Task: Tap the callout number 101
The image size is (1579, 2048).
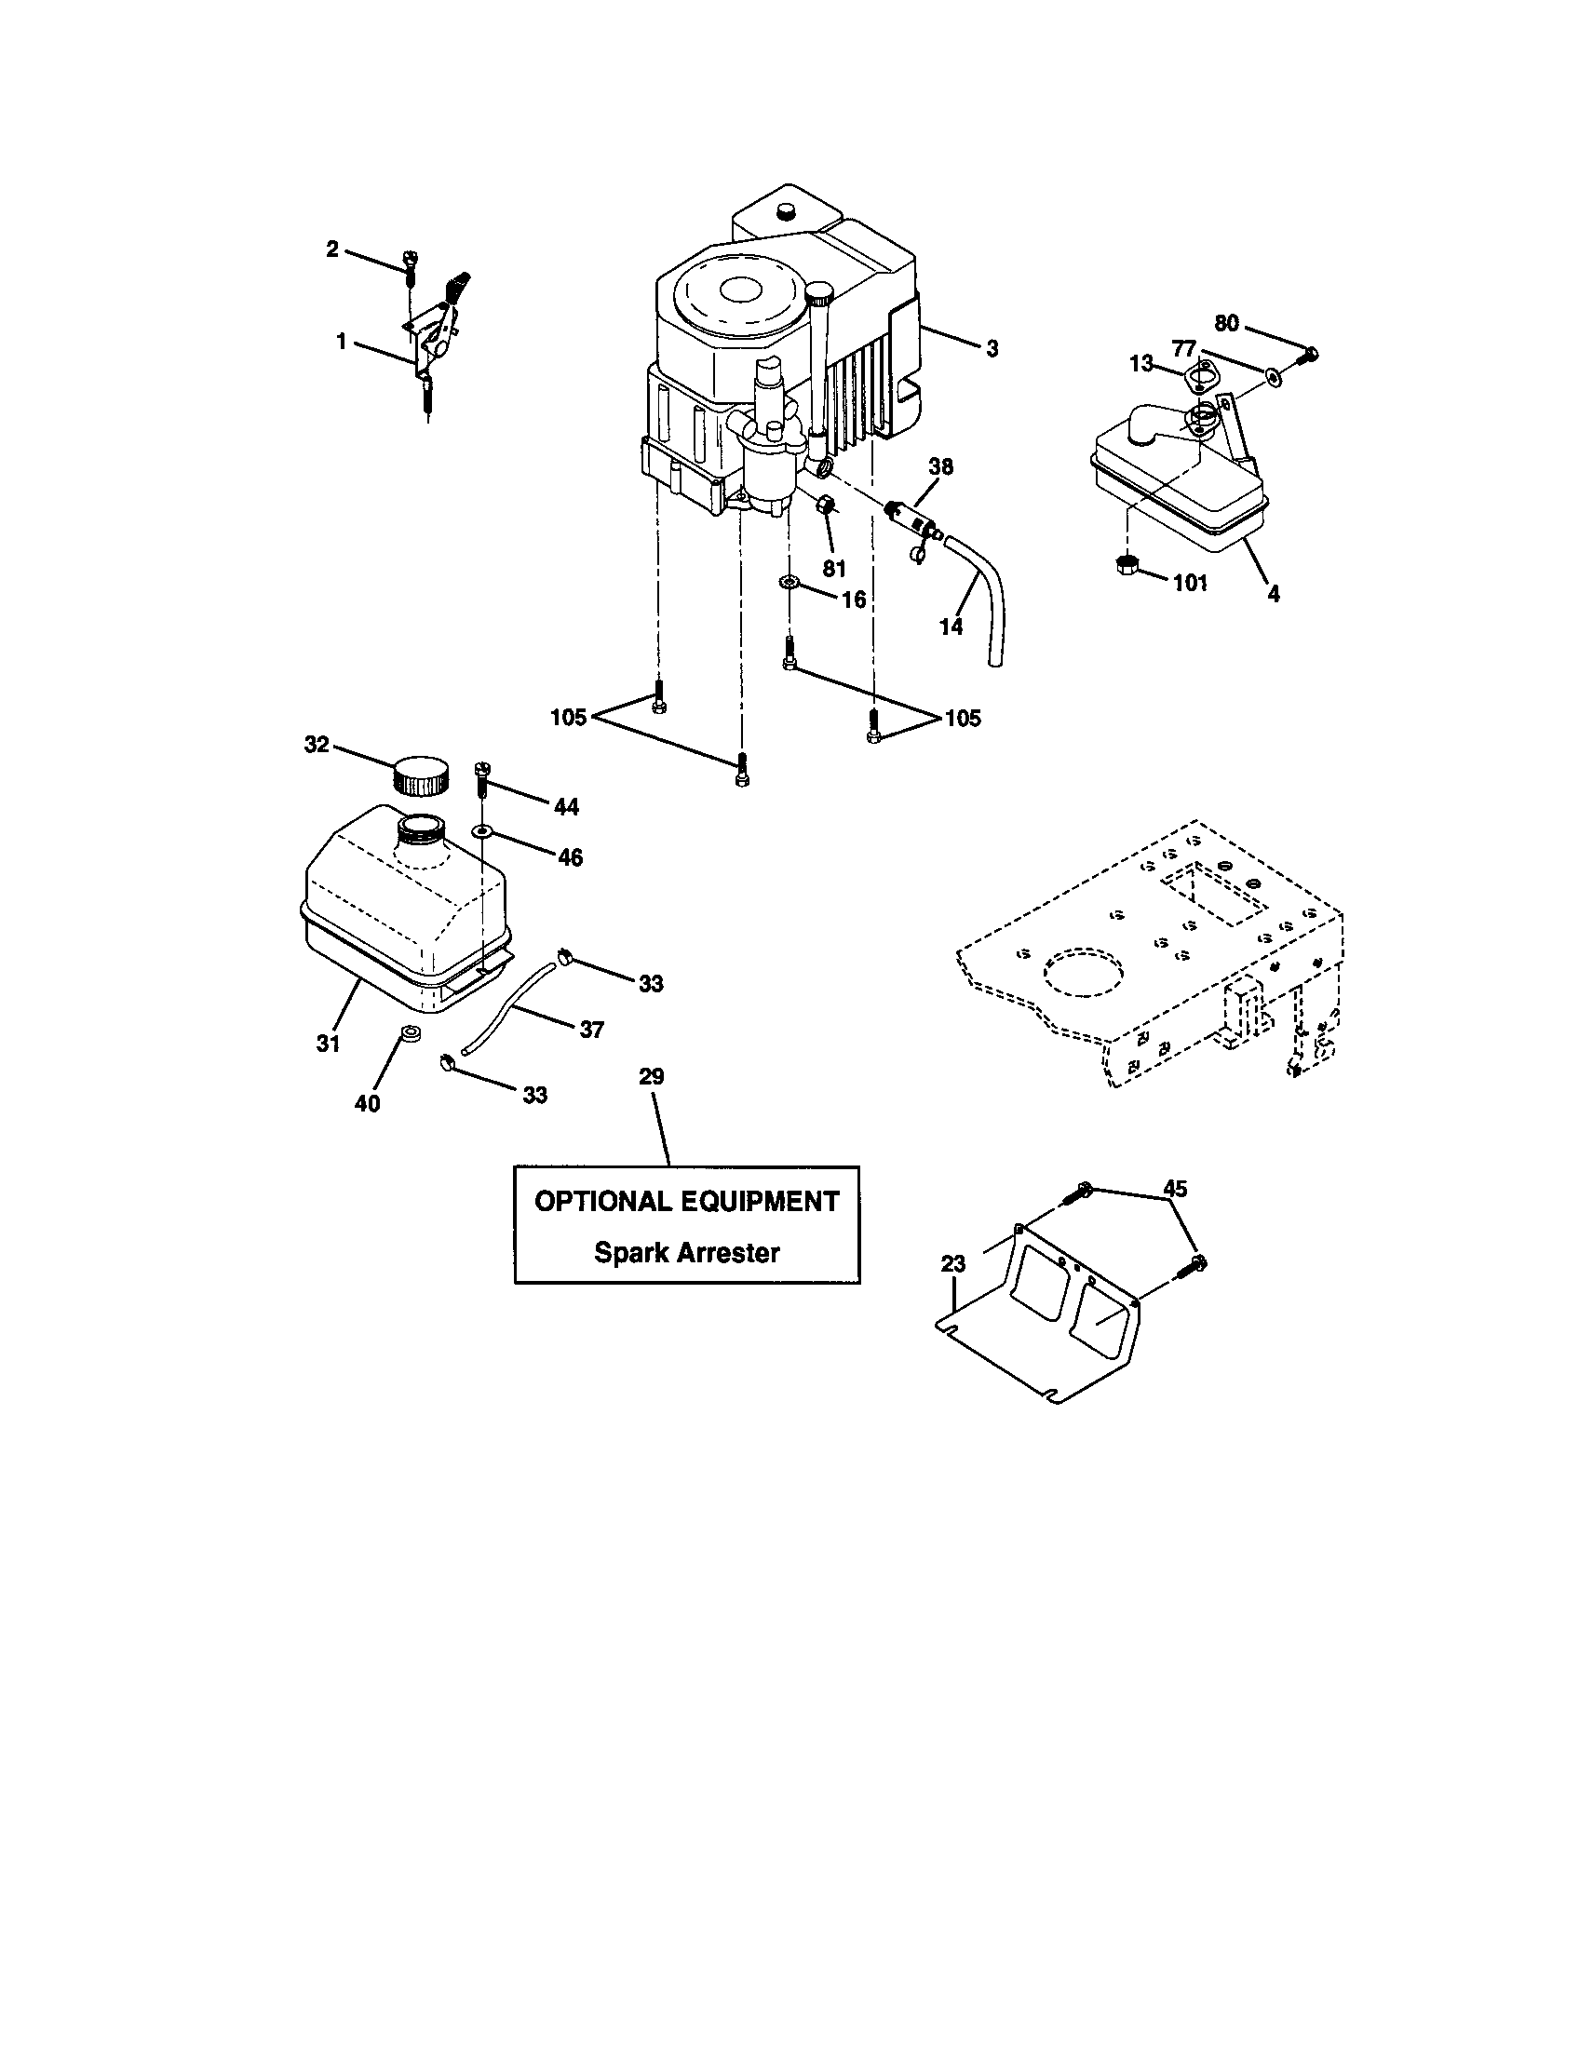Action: pos(1190,584)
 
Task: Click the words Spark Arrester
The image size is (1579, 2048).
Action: pos(686,1253)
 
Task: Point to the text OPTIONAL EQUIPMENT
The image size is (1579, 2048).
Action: pos(686,1202)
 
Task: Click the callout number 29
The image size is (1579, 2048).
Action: pos(652,1076)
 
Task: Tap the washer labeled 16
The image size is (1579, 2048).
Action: pos(789,584)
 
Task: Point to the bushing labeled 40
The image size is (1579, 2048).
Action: pos(409,1033)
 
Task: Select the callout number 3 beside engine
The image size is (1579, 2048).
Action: pos(992,349)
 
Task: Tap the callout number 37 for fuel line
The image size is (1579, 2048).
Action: pos(590,1030)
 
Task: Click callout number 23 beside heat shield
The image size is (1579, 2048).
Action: pos(952,1264)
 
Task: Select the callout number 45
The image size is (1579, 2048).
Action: pos(1174,1189)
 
